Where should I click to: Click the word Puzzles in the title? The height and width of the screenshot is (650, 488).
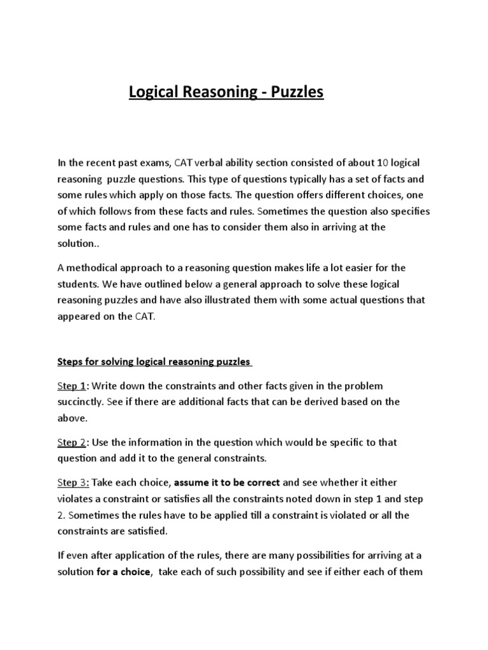tap(297, 93)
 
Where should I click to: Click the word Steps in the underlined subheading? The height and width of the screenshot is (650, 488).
tap(71, 362)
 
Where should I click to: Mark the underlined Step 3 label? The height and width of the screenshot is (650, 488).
tap(71, 482)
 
